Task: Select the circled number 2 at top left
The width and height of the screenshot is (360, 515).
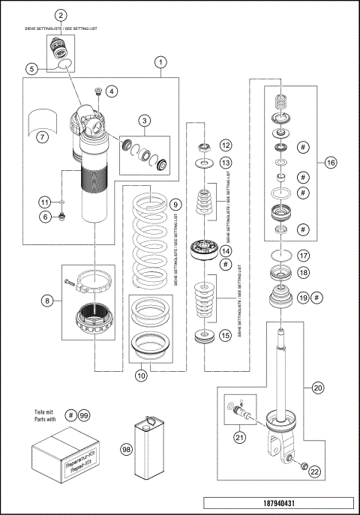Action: tap(61, 15)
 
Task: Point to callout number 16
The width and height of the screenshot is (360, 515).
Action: tap(331, 161)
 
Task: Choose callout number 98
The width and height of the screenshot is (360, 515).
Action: tap(126, 448)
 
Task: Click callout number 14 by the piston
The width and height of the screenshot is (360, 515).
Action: tap(224, 252)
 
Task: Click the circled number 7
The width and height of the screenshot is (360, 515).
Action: tap(43, 137)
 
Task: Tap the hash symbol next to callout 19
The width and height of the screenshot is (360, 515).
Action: tap(319, 298)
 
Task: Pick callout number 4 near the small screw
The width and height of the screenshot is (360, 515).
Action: tap(112, 91)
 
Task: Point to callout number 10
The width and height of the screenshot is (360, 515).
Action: tap(141, 376)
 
